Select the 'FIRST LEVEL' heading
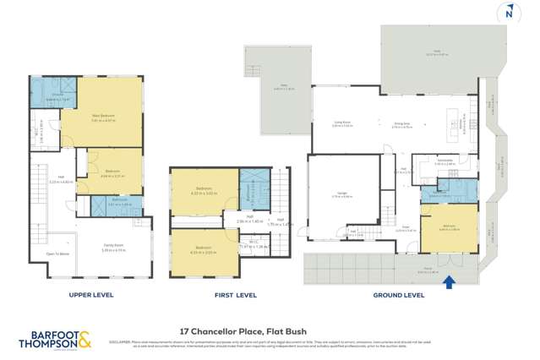coord(235,295)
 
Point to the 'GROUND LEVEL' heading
coord(399,295)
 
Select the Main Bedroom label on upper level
coord(102,117)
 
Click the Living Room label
coord(342,123)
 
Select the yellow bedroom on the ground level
coord(449,227)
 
